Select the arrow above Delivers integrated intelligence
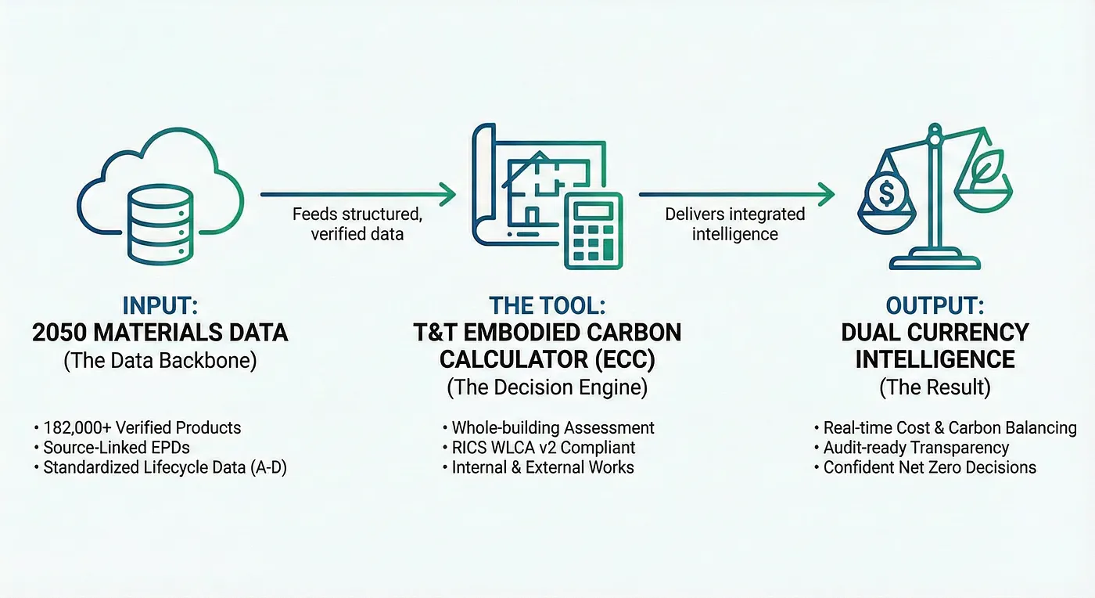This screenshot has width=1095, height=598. click(x=736, y=193)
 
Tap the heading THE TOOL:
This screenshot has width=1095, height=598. click(x=547, y=306)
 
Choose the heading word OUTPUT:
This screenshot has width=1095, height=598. click(x=935, y=306)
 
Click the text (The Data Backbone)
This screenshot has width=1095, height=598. click(x=160, y=362)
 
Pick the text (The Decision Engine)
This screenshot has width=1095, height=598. click(x=547, y=387)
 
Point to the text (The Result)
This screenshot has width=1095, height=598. click(x=935, y=387)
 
